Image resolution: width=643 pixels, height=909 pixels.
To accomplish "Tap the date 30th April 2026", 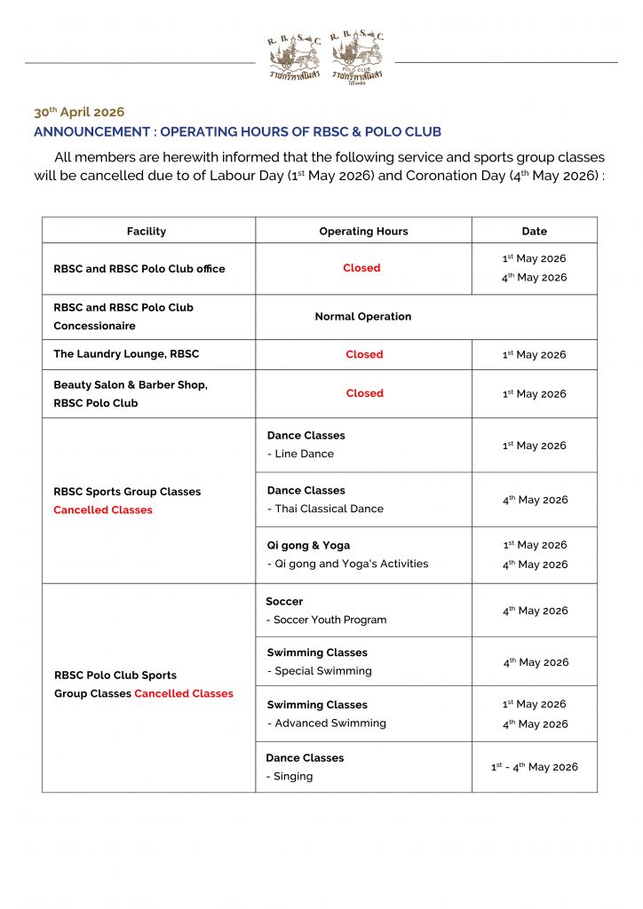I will pyautogui.click(x=79, y=113).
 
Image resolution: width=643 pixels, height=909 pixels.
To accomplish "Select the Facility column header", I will pyautogui.click(x=147, y=231).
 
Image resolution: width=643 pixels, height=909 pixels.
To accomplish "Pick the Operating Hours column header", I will pyautogui.click(x=363, y=231).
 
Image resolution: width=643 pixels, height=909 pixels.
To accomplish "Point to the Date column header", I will pyautogui.click(x=534, y=231).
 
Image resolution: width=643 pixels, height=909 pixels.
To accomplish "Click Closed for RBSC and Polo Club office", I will pyautogui.click(x=361, y=268).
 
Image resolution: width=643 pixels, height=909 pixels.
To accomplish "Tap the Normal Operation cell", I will pyautogui.click(x=363, y=316).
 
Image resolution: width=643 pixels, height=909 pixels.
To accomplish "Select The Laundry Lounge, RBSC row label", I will pyautogui.click(x=126, y=354).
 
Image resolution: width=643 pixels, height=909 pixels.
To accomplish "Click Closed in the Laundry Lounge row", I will pyautogui.click(x=364, y=354).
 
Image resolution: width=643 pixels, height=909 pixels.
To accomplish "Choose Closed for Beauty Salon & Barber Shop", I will pyautogui.click(x=364, y=393).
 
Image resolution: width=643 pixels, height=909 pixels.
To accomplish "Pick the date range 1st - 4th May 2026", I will pyautogui.click(x=534, y=767).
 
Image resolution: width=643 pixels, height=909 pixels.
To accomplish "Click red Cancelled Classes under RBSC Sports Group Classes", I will pyautogui.click(x=103, y=510).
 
